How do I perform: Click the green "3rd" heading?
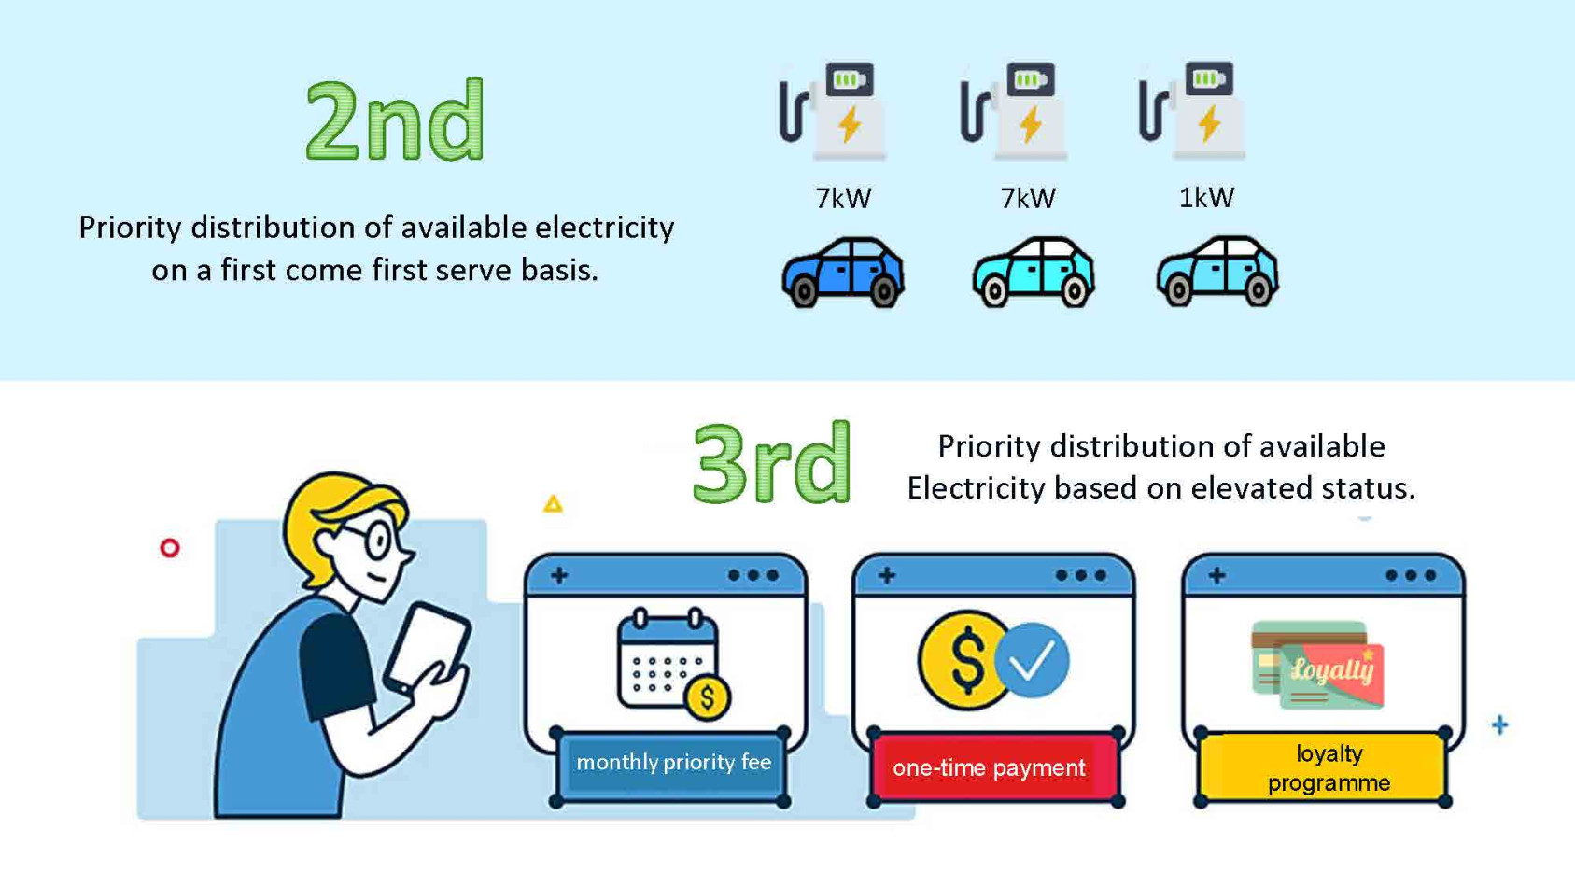point(771,463)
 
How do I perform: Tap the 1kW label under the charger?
point(1206,198)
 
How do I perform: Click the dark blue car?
point(843,273)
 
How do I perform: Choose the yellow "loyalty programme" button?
point(1323,767)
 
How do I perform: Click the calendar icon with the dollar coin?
point(673,664)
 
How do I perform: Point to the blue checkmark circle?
point(1032,659)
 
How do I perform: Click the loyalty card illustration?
point(1317,665)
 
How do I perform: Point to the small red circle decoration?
point(170,548)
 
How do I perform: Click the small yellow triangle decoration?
point(553,504)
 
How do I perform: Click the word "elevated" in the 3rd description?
point(1250,488)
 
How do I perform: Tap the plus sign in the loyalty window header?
point(1216,575)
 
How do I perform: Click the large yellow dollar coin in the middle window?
point(964,659)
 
